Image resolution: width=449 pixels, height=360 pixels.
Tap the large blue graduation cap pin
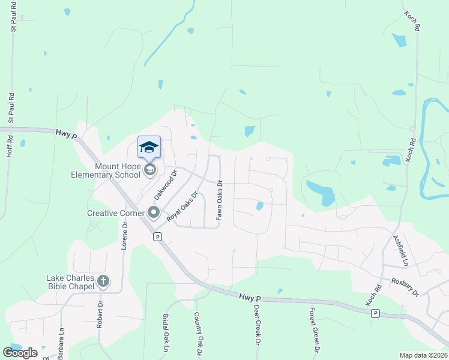[149, 147]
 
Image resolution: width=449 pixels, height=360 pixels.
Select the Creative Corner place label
[115, 213]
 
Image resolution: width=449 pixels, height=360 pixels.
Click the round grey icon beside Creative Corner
[153, 212]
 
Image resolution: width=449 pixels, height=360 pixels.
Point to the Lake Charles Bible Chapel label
[71, 281]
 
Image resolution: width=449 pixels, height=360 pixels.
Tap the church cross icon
[103, 281]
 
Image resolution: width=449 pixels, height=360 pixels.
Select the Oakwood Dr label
[166, 184]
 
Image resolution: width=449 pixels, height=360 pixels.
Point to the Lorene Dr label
[125, 236]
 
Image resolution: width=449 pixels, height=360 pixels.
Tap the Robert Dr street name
[99, 315]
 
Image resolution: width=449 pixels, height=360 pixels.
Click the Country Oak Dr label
[196, 332]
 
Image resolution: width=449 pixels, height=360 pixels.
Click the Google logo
[20, 352]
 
